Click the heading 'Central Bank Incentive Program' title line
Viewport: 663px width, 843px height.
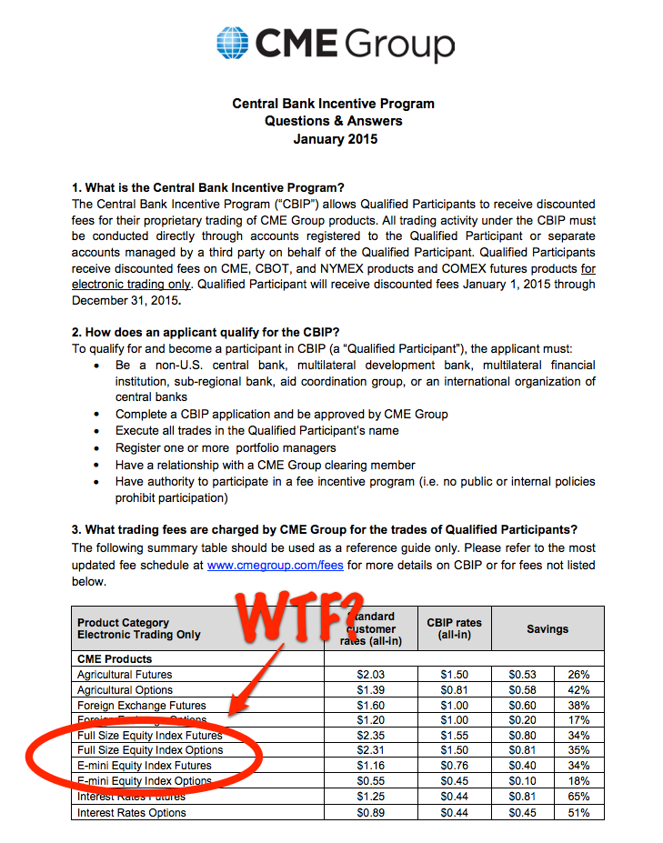(333, 104)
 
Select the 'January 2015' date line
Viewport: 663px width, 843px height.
(334, 139)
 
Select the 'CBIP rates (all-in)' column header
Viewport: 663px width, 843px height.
(454, 628)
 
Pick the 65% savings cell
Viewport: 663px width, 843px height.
(579, 798)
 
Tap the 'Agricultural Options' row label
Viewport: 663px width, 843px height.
(130, 690)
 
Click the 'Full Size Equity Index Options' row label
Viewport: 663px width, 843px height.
(150, 750)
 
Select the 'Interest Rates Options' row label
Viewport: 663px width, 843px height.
(132, 813)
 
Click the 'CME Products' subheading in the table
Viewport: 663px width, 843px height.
(115, 659)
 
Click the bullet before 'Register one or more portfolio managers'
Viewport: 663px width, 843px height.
(97, 447)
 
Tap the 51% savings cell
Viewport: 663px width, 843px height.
(579, 813)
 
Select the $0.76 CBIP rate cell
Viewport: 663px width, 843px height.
(454, 766)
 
